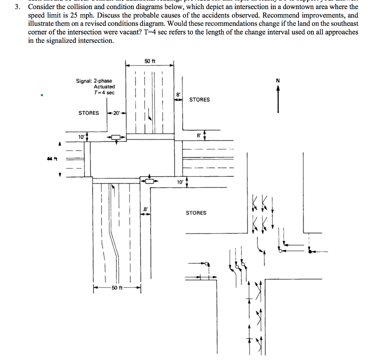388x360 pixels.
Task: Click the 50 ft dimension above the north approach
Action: (150, 61)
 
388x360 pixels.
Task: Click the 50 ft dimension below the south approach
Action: (116, 288)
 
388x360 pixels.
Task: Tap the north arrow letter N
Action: (278, 81)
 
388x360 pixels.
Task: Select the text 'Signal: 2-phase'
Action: (94, 81)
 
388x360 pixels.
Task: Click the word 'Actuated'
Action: (104, 87)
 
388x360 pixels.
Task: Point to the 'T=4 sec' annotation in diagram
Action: (105, 93)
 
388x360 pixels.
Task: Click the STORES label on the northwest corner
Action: (89, 113)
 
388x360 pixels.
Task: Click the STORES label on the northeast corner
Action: (199, 100)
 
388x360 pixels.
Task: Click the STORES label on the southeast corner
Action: (196, 213)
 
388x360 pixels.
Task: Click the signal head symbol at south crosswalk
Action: (150, 181)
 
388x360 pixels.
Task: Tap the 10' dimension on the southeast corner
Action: (180, 182)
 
